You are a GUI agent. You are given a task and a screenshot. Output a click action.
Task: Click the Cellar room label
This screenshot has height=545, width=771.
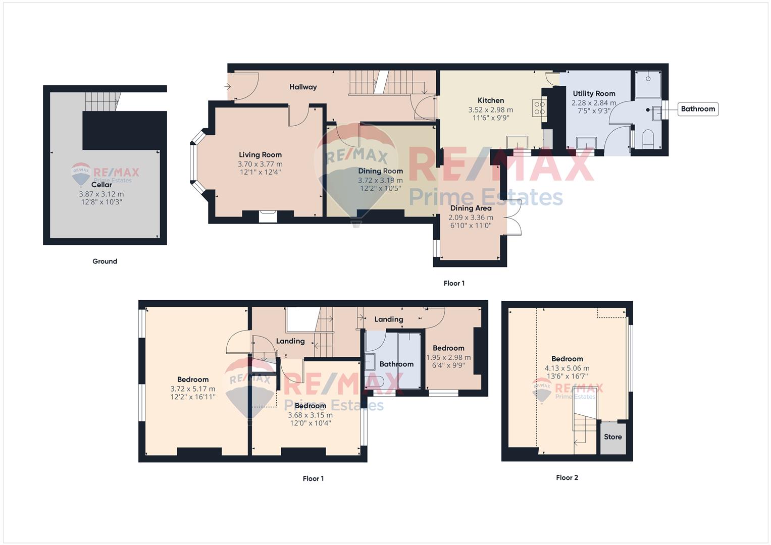(101, 185)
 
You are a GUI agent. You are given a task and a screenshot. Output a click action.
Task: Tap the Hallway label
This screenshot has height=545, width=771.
(303, 87)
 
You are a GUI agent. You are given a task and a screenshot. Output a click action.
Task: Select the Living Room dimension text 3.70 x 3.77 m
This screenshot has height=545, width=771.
(260, 164)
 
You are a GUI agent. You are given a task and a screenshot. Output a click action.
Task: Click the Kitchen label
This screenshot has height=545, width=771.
(490, 100)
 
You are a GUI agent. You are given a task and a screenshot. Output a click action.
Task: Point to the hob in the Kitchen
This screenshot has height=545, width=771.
(539, 108)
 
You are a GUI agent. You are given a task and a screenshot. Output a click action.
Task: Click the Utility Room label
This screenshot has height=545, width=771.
(594, 93)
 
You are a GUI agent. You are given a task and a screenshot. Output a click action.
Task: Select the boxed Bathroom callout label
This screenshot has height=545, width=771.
(698, 109)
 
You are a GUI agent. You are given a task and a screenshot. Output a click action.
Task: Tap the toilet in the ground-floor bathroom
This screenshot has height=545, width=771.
(648, 139)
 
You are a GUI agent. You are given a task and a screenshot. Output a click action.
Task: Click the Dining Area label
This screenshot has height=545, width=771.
(471, 208)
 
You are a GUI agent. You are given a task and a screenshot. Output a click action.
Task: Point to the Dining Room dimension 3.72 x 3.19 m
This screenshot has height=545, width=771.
(380, 180)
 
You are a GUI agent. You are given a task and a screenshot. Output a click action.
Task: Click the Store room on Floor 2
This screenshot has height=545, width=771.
(613, 438)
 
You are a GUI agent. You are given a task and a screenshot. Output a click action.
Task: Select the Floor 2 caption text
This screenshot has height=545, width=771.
(567, 477)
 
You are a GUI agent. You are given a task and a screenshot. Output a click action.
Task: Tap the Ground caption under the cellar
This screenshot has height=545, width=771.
(105, 261)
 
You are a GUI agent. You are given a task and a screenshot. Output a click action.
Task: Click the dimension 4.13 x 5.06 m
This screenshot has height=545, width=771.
(567, 368)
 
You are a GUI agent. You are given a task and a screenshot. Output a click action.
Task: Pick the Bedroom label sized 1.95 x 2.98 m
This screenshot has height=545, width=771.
(448, 348)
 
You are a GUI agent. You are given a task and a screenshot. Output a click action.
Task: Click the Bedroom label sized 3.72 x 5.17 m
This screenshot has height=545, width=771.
(193, 379)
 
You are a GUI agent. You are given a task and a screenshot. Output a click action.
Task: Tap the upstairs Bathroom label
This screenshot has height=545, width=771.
(396, 364)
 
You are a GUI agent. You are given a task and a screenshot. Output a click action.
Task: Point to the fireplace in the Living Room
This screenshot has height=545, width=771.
(268, 216)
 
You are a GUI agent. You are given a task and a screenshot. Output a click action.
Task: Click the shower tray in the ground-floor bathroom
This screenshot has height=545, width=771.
(648, 84)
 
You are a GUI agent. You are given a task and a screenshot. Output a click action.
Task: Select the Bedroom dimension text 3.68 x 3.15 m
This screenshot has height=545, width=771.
(310, 415)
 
